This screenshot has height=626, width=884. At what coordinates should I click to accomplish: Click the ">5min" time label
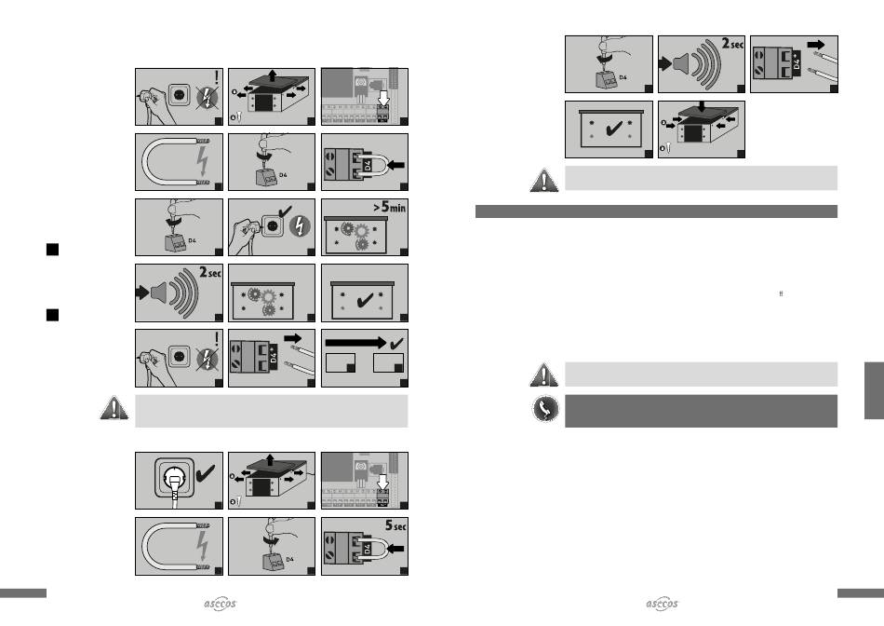[389, 207]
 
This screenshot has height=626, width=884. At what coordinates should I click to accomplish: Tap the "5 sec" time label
[395, 525]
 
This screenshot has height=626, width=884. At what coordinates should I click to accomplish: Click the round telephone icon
[545, 409]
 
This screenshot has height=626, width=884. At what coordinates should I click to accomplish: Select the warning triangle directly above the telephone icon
[544, 374]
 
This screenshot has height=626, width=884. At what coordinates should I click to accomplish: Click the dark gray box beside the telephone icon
[701, 411]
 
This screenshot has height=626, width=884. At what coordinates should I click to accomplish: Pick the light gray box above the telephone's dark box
[701, 374]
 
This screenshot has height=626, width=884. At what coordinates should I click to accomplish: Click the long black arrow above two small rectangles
[355, 342]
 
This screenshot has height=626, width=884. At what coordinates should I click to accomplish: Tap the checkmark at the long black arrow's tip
[397, 343]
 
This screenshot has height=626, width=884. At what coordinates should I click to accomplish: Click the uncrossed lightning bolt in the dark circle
[300, 226]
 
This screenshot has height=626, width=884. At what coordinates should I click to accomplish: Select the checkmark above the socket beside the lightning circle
[285, 212]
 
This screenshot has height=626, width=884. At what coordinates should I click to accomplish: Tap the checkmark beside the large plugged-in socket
[205, 473]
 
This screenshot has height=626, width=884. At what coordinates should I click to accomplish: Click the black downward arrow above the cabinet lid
[702, 107]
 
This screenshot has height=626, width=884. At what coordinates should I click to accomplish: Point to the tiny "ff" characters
[781, 294]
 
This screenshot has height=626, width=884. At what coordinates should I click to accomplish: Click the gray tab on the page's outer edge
[874, 390]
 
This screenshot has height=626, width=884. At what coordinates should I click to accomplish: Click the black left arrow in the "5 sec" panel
[396, 548]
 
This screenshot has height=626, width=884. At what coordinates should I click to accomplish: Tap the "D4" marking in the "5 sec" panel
[367, 549]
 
